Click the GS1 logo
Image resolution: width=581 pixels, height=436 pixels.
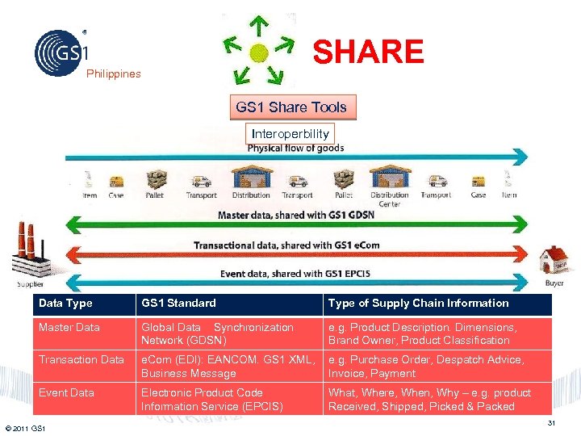coord(61,52)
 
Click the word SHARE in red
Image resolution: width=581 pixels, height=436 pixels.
coord(368,52)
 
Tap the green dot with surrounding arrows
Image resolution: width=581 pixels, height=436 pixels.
coord(258,53)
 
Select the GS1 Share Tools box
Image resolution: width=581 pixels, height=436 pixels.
coord(291,107)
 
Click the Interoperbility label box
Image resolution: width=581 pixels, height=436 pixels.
coord(290,133)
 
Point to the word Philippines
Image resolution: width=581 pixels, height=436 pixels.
coord(114,74)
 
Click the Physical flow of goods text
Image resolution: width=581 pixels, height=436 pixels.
coord(295,149)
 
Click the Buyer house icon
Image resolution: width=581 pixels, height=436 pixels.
coord(555,262)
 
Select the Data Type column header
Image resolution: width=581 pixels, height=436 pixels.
coord(65,304)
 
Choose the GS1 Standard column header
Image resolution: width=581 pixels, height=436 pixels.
coord(178,304)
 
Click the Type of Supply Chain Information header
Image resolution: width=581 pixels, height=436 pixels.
coord(418,304)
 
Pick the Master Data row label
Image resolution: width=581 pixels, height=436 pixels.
coord(69,328)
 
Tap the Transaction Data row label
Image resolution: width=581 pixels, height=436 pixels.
coord(81,360)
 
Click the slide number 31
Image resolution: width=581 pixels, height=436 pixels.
coord(552,424)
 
